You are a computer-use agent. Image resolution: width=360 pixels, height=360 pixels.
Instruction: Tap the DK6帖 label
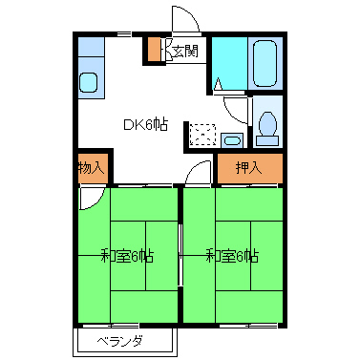point(145,123)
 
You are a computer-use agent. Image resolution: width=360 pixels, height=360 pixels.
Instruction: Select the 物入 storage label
point(91,168)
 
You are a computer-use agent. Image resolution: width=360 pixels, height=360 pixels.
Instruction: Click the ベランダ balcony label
point(119,341)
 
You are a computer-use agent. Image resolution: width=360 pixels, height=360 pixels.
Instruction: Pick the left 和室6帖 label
point(128,255)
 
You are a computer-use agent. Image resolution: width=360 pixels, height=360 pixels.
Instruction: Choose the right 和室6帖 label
point(233,255)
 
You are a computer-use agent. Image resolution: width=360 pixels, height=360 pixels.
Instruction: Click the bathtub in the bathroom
point(265,63)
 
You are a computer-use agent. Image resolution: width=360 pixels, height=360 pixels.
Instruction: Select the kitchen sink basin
point(89,83)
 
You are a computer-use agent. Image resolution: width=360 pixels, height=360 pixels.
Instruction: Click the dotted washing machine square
point(201,134)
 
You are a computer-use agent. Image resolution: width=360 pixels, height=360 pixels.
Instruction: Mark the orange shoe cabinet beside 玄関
point(155,50)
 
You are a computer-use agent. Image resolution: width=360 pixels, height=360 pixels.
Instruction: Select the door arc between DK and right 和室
point(199,173)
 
